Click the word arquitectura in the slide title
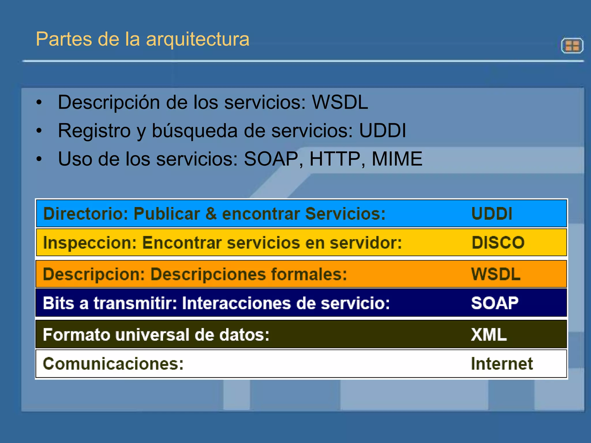pyautogui.click(x=198, y=39)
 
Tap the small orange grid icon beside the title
pyautogui.click(x=572, y=46)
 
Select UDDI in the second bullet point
pyautogui.click(x=382, y=130)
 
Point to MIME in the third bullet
pyautogui.click(x=397, y=159)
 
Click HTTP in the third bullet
pyautogui.click(x=335, y=159)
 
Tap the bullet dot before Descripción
pyautogui.click(x=39, y=102)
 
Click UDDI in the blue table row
pyautogui.click(x=492, y=214)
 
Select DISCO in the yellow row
pyautogui.click(x=498, y=243)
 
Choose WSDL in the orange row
pyautogui.click(x=496, y=274)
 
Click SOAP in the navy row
pyautogui.click(x=495, y=303)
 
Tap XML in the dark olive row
pyautogui.click(x=489, y=335)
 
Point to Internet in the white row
pyautogui.click(x=502, y=363)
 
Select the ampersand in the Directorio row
pyautogui.click(x=211, y=214)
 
